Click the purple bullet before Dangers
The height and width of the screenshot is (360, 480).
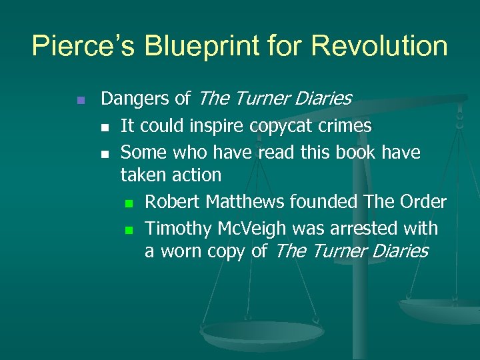[x=79, y=100]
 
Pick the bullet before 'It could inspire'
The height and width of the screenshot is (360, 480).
[x=104, y=127]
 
